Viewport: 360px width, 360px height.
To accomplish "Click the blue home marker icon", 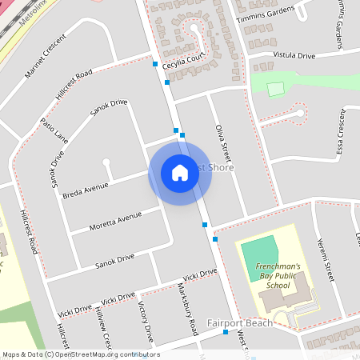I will click(179, 173).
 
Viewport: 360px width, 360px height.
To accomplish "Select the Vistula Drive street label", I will click(294, 56).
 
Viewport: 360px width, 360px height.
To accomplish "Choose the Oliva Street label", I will click(222, 144).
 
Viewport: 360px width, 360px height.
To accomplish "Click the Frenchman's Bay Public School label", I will click(267, 275).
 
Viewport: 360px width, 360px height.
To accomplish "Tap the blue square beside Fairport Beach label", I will click(226, 331).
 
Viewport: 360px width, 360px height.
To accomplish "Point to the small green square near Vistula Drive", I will click(275, 90).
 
